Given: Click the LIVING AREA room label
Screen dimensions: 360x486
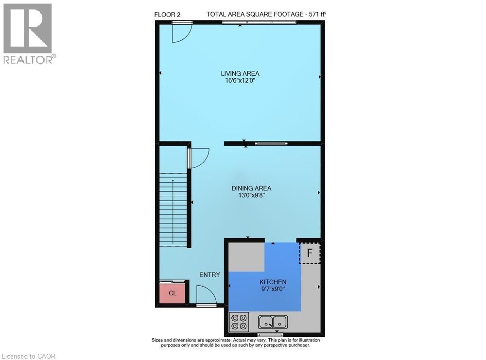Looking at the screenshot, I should click(x=240, y=73).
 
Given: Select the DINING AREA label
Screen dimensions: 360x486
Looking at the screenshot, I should click(x=251, y=188).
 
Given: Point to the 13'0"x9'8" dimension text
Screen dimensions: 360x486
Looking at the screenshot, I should click(x=251, y=195).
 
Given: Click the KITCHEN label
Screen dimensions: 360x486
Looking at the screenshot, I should click(x=273, y=282).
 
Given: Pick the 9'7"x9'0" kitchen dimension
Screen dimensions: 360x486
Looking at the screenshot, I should click(x=273, y=289).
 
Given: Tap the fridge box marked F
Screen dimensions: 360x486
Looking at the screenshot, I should click(x=310, y=253).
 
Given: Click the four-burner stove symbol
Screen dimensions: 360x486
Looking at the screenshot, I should click(x=239, y=322).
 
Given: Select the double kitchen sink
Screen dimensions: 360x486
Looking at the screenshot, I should click(x=273, y=322).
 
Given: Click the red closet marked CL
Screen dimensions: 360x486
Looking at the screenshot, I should click(x=172, y=293).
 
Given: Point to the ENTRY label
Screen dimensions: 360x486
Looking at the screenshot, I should click(x=209, y=274).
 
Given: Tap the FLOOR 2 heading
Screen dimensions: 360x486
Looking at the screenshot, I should click(x=167, y=15).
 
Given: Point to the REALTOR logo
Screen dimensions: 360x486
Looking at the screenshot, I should click(x=28, y=34).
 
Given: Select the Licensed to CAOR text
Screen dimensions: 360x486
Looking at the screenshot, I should click(x=29, y=356).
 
